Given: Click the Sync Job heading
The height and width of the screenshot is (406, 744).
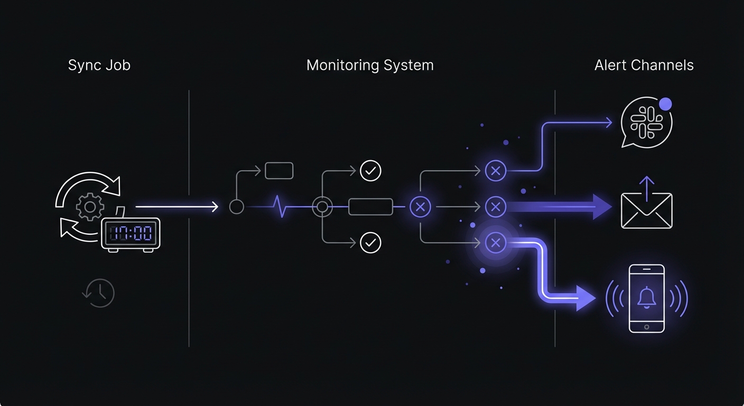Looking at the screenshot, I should [99, 66].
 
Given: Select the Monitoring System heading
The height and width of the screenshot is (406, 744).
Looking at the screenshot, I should [370, 66].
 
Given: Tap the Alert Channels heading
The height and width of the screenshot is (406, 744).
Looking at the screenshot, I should [644, 66].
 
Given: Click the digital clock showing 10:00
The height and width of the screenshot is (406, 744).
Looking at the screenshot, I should [131, 233].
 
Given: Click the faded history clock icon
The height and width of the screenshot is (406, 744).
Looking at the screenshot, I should [99, 292].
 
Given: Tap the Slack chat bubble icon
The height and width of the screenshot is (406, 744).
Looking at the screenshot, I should [646, 123].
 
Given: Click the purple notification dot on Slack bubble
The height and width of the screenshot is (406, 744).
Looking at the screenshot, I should [665, 104].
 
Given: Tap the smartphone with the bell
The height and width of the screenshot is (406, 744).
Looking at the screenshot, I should [647, 298].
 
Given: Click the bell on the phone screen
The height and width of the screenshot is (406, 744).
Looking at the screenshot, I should [647, 297].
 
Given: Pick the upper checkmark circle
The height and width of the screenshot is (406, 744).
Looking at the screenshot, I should [370, 171].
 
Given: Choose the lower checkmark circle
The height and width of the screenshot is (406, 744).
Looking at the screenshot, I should [370, 243].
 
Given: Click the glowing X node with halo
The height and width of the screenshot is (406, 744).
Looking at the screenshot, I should [495, 243].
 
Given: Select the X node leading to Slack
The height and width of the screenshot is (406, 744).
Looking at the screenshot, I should [495, 171].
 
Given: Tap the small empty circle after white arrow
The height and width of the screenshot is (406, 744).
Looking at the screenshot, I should [237, 207].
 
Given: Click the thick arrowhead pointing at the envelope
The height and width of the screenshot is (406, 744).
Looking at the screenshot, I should [602, 207].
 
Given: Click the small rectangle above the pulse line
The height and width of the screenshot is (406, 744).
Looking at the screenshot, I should [279, 171].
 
